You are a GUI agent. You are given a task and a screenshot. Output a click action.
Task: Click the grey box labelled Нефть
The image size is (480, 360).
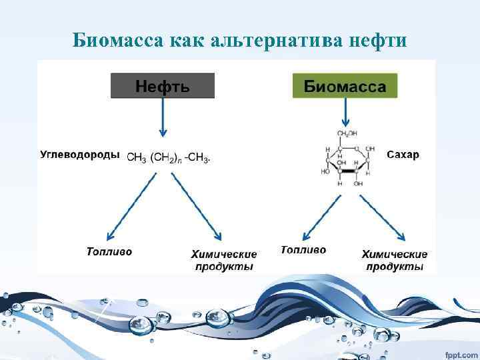tap(163, 86)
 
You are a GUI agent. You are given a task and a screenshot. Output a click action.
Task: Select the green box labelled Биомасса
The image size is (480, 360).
tap(345, 86)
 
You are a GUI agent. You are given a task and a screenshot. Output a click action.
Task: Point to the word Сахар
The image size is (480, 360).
tap(403, 155)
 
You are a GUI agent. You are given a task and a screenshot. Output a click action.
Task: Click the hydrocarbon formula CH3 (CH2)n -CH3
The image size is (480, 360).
tap(168, 158)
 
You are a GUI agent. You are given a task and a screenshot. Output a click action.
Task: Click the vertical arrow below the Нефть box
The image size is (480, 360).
tap(161, 119)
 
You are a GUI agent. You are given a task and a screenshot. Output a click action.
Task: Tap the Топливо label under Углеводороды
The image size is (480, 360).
tap(109, 251)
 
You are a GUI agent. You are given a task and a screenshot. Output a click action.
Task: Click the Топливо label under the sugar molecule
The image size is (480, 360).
tap(303, 249)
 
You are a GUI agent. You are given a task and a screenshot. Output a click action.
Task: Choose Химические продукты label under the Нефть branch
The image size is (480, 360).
tap(224, 260)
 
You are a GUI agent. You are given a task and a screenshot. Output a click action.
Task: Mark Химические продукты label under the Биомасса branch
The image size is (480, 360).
tap(395, 260)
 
